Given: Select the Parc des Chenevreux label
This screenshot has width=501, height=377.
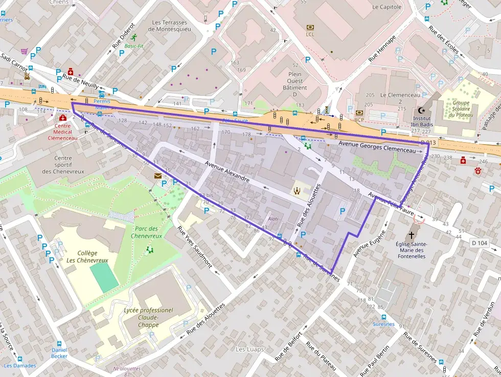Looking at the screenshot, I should (x=148, y=232).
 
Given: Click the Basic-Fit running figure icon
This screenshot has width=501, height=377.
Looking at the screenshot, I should (x=133, y=37).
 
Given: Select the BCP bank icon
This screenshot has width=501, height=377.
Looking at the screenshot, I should (x=359, y=113).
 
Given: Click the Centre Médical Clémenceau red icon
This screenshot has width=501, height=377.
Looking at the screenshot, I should (x=62, y=118).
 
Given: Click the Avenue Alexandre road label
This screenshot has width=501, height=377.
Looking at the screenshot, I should (x=226, y=171).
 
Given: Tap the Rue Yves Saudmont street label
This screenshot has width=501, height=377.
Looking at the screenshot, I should (x=195, y=247).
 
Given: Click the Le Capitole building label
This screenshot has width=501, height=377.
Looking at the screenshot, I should (x=387, y=7).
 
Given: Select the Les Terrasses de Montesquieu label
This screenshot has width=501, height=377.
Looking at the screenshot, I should (x=169, y=26).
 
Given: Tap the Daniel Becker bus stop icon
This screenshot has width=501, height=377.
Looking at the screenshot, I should (x=59, y=344).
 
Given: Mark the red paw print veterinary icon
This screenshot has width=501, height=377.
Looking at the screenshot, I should (x=479, y=171).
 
